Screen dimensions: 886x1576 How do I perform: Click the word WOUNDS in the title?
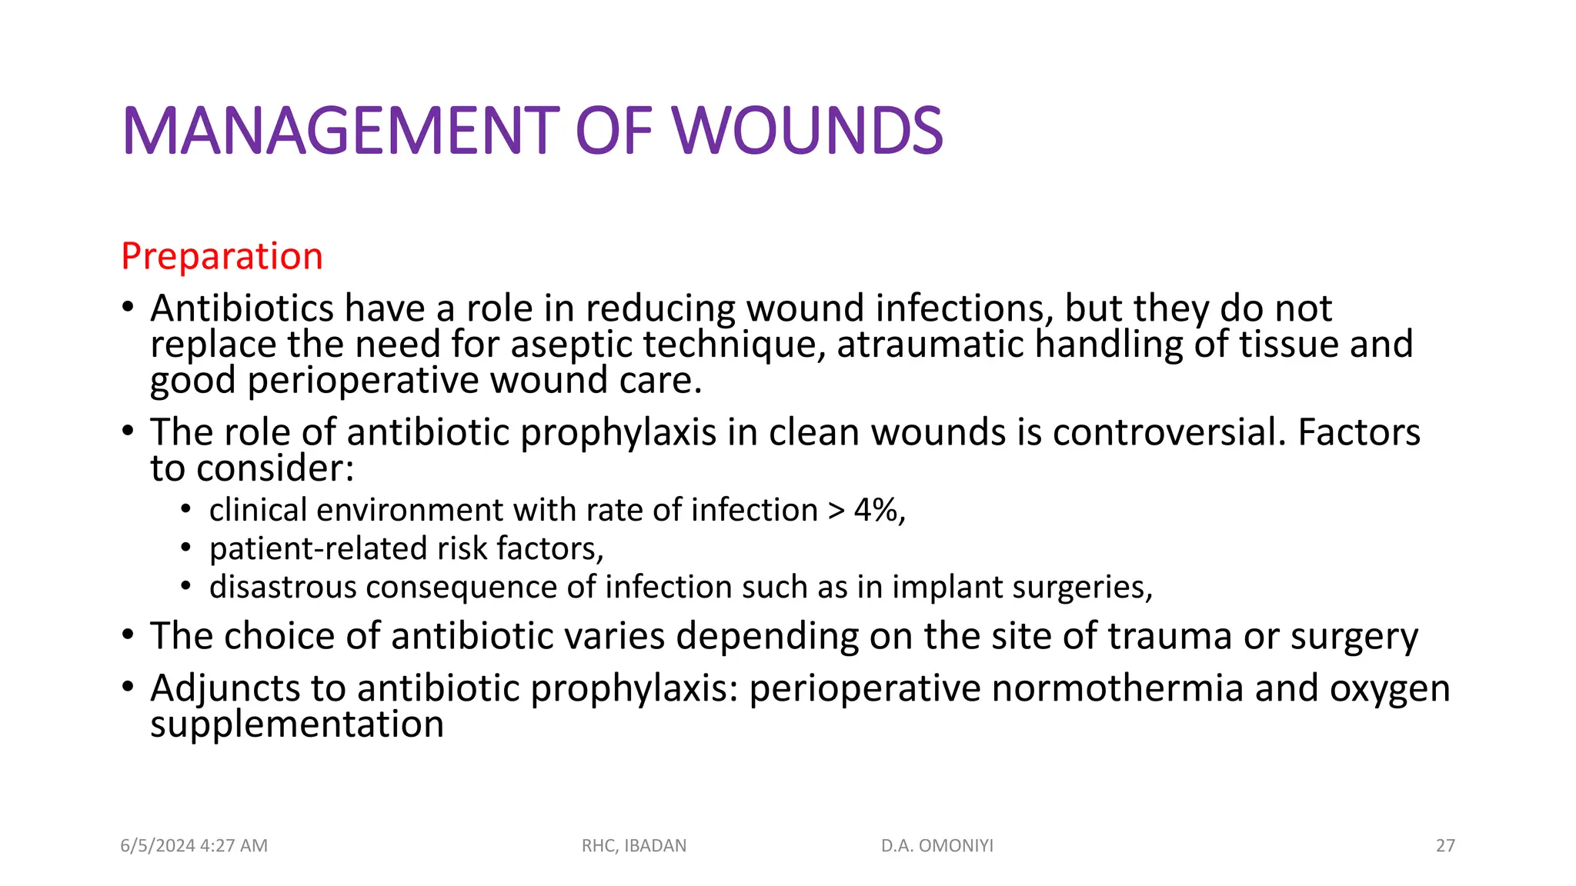pos(808,131)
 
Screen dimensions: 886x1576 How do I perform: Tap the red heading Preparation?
pos(222,256)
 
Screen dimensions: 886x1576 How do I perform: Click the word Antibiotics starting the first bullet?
pos(242,308)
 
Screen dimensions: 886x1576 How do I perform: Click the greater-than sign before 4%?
pos(836,511)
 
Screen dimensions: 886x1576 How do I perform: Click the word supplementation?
pos(297,725)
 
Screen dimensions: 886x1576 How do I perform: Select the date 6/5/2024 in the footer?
pos(157,846)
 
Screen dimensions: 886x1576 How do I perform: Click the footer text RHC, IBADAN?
pos(634,846)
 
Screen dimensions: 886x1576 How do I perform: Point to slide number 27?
pos(1445,846)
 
